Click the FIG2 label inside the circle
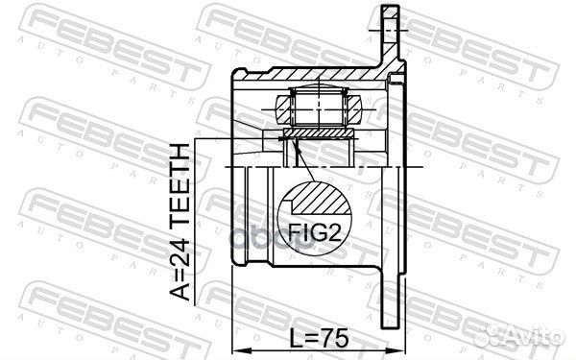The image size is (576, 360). pos(315,232)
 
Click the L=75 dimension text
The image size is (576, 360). pos(319,338)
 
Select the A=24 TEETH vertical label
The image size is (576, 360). pos(180,223)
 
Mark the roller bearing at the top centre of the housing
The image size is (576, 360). pos(318,107)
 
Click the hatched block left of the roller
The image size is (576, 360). pos(283,109)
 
